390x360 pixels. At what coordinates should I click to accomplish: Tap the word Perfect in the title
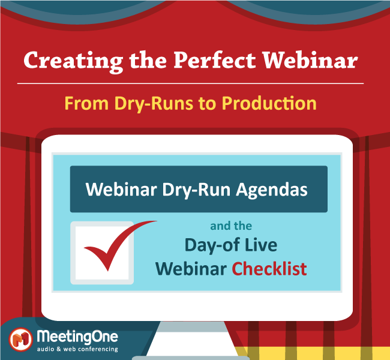pyautogui.click(x=215, y=60)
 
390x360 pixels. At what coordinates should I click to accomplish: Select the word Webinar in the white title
pyautogui.click(x=310, y=60)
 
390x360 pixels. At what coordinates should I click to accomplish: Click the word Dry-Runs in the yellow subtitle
pyautogui.click(x=154, y=104)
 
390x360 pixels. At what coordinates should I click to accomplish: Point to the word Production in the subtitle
pyautogui.click(x=269, y=103)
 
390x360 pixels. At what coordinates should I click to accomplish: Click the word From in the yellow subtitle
pyautogui.click(x=86, y=103)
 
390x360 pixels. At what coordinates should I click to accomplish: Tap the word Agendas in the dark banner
pyautogui.click(x=272, y=190)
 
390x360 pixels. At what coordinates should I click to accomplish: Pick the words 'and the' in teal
pyautogui.click(x=231, y=226)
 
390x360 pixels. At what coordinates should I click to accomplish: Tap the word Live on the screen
pyautogui.click(x=261, y=245)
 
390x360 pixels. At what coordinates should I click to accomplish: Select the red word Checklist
pyautogui.click(x=269, y=269)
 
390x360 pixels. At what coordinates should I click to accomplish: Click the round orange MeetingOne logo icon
pyautogui.click(x=21, y=340)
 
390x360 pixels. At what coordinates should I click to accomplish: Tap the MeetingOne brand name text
pyautogui.click(x=77, y=337)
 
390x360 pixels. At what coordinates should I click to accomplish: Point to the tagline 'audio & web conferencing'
pyautogui.click(x=77, y=349)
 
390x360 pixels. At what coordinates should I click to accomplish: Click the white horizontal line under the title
pyautogui.click(x=190, y=83)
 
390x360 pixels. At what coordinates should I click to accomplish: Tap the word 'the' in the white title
pyautogui.click(x=148, y=60)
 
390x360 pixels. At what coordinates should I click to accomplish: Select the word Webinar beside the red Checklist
pyautogui.click(x=191, y=269)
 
